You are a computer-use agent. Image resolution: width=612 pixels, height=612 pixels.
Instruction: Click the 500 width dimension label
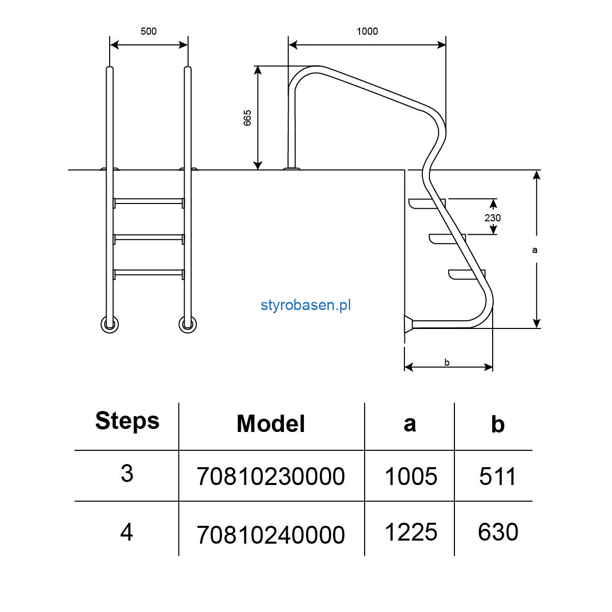click(148, 31)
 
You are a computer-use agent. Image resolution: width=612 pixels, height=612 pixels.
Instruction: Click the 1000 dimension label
click(367, 31)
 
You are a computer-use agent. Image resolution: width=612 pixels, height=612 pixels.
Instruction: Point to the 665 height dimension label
click(247, 118)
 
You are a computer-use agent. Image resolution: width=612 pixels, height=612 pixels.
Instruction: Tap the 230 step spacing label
click(493, 218)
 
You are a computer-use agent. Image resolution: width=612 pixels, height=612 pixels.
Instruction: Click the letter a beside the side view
click(535, 250)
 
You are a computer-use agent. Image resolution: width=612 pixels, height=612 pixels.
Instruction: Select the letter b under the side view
click(447, 363)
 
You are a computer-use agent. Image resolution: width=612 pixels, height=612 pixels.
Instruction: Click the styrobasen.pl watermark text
click(305, 305)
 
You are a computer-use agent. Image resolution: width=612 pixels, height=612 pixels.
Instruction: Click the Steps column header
click(127, 421)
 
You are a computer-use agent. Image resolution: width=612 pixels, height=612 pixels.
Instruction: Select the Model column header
click(271, 424)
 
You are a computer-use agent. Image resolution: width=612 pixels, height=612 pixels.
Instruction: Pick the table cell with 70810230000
click(271, 476)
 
